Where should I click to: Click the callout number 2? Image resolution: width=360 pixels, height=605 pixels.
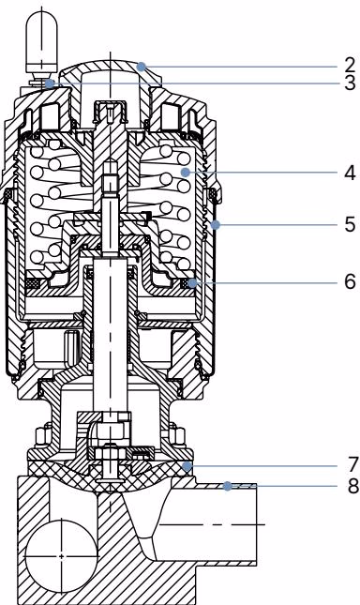point(350,66)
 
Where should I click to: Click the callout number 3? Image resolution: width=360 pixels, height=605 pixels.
point(350,83)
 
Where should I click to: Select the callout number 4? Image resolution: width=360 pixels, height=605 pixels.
point(350,173)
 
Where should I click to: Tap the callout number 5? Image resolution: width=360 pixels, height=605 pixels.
point(350,224)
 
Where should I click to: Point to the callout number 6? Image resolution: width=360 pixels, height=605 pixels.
point(350,281)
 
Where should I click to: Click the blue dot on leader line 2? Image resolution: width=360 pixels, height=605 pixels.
point(142,67)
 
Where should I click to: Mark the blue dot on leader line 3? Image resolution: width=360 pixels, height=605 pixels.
point(50,83)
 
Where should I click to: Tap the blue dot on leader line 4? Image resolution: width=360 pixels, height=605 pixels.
point(186,173)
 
